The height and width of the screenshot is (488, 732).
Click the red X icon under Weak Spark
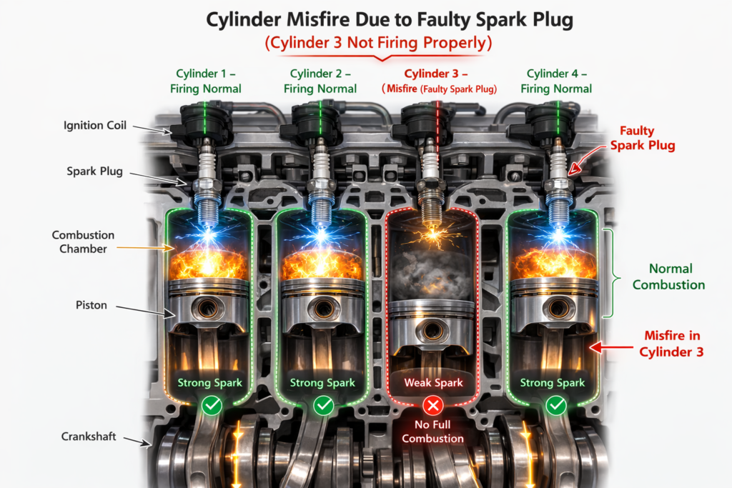(432, 407)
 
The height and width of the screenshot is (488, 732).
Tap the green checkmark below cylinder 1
(212, 407)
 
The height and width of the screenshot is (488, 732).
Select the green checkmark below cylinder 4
(556, 407)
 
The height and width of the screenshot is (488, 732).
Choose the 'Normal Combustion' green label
(671, 277)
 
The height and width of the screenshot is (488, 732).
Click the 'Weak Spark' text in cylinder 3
(433, 383)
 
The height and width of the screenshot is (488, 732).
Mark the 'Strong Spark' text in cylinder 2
(322, 383)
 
